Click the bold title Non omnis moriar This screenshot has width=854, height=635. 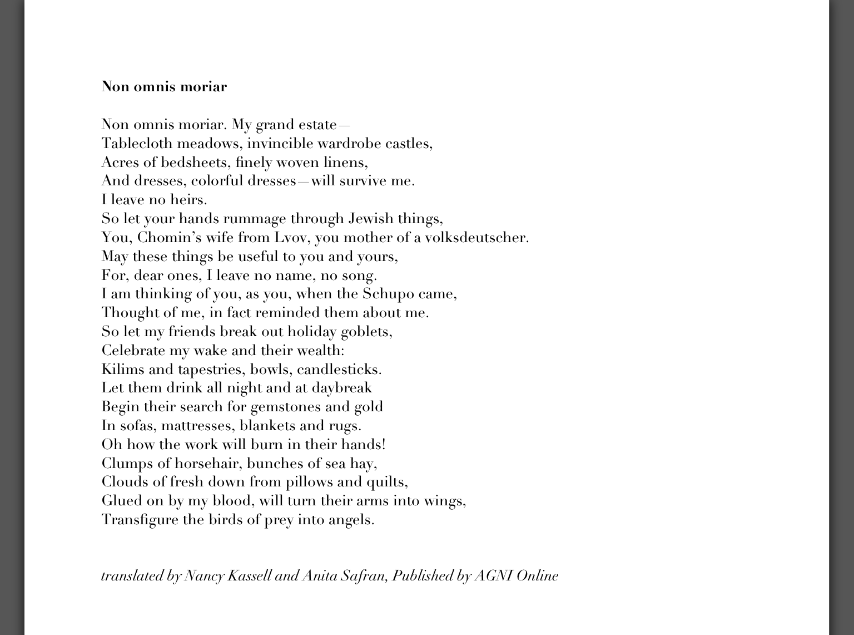coord(164,87)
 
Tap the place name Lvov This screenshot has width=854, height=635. coord(292,238)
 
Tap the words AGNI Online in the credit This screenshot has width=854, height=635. coord(516,576)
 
